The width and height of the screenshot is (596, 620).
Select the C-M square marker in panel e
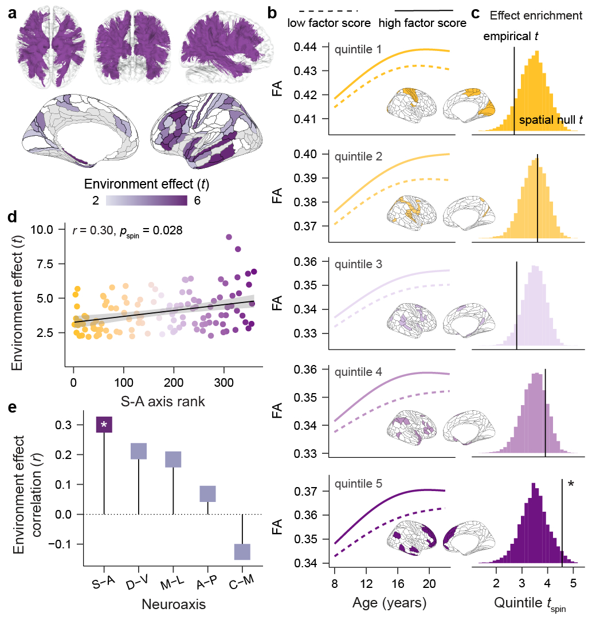tap(242, 551)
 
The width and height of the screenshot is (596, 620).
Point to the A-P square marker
tap(207, 493)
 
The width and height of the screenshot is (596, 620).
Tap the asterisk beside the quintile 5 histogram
tap(571, 485)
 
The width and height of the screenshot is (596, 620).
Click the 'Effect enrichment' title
tap(536, 16)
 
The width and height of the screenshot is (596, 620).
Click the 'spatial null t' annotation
tap(551, 120)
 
